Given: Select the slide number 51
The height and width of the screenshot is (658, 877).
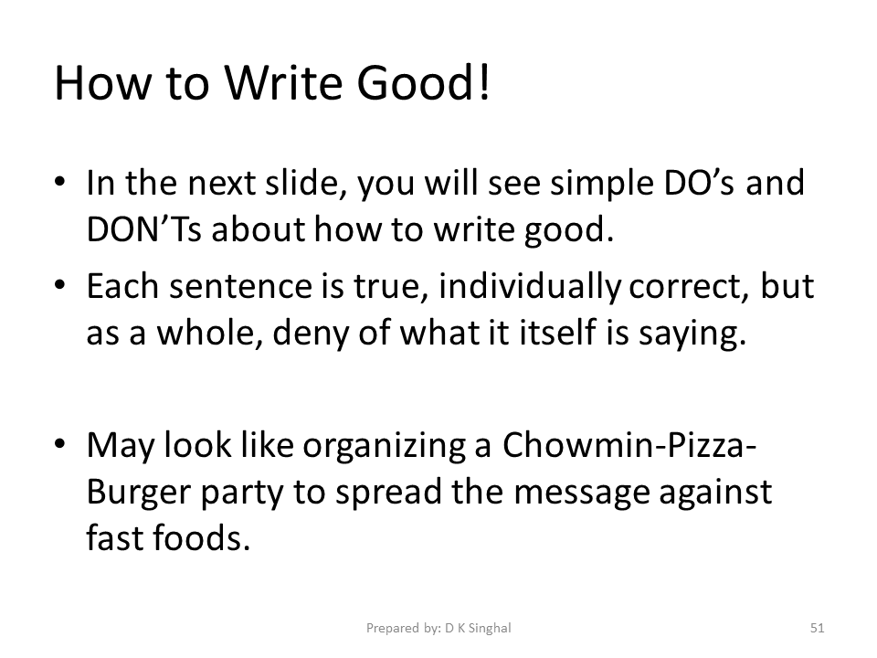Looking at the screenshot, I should tap(818, 628).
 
